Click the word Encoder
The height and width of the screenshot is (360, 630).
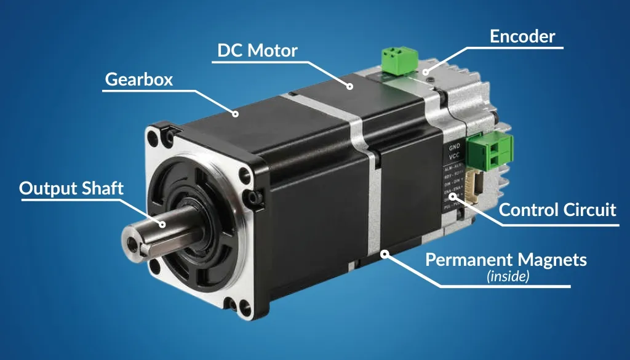point(522,37)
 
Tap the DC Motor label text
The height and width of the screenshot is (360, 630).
point(257,50)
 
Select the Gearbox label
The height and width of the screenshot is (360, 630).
point(139,79)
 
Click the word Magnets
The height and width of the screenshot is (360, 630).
point(551,260)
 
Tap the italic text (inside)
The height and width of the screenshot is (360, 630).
point(508,276)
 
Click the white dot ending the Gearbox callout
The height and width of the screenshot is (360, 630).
point(235,113)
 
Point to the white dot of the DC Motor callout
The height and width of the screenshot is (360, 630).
point(349,86)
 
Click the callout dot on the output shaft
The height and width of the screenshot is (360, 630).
point(163,224)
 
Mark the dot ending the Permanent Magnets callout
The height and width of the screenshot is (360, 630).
point(384,253)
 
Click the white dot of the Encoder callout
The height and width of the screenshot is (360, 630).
point(425,73)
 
